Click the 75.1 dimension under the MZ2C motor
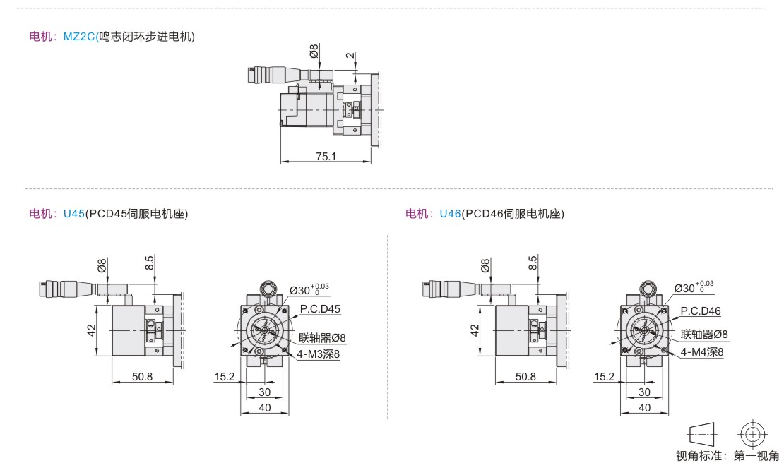(x=326, y=156)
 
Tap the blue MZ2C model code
(x=79, y=37)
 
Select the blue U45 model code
(x=74, y=212)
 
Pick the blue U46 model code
(x=450, y=212)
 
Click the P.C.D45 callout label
(x=320, y=309)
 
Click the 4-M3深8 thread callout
(x=319, y=354)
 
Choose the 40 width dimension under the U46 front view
(x=644, y=408)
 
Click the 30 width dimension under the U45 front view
(x=264, y=392)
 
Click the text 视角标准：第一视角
(x=727, y=455)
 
